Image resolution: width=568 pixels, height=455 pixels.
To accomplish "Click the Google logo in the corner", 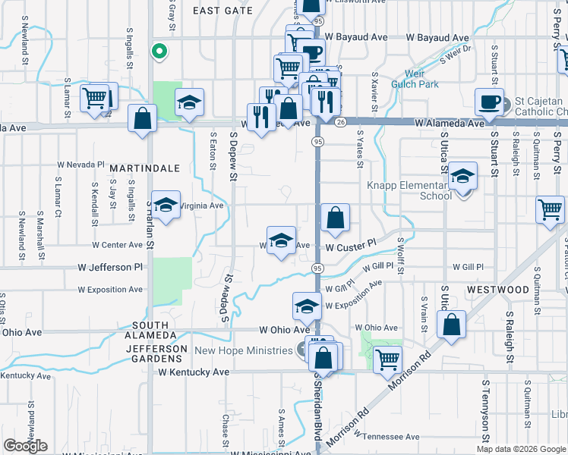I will tap(25, 446).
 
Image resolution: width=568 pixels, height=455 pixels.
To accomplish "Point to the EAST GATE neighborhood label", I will tap(222, 11).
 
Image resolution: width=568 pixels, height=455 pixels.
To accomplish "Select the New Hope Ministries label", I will tap(243, 350).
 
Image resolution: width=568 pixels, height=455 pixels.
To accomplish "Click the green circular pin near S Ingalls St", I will tap(159, 52).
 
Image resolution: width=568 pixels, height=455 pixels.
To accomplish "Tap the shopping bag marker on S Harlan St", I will tap(142, 118).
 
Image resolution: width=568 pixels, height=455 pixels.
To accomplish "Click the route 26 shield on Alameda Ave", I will tap(341, 122).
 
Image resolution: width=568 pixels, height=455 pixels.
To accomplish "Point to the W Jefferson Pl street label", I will tap(110, 267).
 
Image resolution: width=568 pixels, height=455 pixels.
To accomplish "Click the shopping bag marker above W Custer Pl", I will tap(335, 218).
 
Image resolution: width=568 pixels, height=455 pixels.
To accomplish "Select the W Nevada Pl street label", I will tap(81, 164).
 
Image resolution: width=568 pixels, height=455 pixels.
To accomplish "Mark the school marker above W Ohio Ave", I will tap(307, 306).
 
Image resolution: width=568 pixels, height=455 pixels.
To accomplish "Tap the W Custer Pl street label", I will tap(351, 246).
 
